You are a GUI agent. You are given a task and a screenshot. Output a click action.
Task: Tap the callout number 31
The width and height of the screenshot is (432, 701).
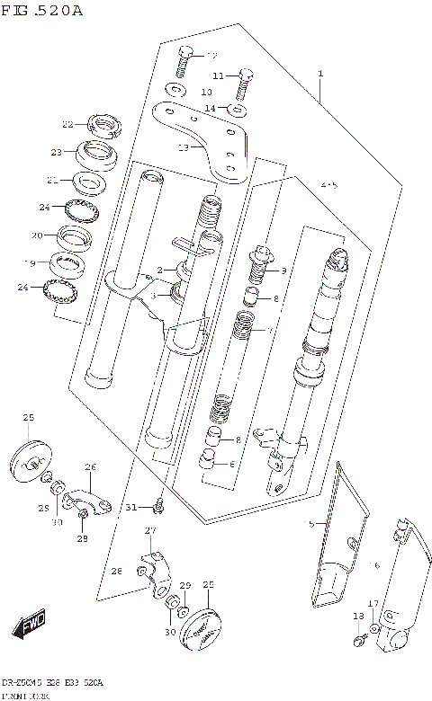(131, 508)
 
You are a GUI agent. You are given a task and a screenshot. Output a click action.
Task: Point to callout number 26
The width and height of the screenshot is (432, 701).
(90, 466)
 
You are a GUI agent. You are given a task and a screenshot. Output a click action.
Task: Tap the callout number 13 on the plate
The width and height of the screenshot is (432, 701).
(184, 146)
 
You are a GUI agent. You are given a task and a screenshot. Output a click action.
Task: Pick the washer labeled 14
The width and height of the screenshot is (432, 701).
(237, 110)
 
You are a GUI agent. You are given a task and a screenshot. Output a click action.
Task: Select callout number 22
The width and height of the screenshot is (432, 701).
(67, 124)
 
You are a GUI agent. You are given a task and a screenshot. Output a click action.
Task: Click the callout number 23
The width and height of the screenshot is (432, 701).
(56, 152)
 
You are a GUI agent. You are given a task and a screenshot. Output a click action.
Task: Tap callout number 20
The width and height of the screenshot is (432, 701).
(37, 235)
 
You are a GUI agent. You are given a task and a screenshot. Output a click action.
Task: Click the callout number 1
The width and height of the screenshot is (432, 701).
(319, 74)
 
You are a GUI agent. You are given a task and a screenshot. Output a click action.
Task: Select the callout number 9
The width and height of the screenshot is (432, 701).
(283, 271)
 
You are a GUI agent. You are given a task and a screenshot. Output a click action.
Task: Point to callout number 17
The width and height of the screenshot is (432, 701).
(373, 603)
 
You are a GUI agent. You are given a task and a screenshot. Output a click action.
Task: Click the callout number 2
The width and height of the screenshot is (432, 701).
(159, 270)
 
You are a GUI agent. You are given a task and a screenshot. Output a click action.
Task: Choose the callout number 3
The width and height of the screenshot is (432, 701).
(153, 296)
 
